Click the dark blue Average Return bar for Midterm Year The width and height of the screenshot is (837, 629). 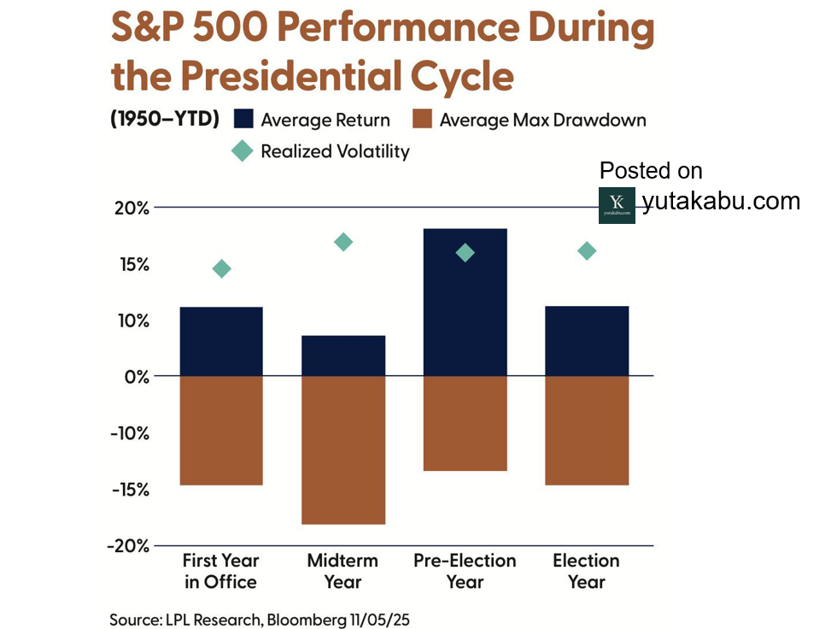[x=343, y=356]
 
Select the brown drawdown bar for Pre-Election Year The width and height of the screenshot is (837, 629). [x=465, y=423]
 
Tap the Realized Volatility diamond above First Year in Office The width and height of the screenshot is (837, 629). [x=221, y=269]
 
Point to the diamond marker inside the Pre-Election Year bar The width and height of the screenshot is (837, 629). [x=465, y=252]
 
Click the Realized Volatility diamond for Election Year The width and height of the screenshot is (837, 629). [x=587, y=250]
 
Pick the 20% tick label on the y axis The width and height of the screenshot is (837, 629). [x=131, y=209]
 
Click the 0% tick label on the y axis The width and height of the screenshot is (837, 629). [x=135, y=377]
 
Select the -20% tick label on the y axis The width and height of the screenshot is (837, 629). [x=127, y=545]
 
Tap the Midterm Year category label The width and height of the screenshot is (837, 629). [x=342, y=571]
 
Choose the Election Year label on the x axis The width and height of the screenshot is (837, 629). [x=586, y=571]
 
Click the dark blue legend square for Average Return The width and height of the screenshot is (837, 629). [x=243, y=120]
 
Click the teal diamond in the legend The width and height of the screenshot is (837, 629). [x=243, y=151]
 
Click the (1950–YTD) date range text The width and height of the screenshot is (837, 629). [x=165, y=120]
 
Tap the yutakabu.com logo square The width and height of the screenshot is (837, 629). [x=617, y=205]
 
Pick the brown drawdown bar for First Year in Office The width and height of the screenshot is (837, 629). [x=221, y=431]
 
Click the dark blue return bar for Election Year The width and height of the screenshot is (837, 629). [x=587, y=341]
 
